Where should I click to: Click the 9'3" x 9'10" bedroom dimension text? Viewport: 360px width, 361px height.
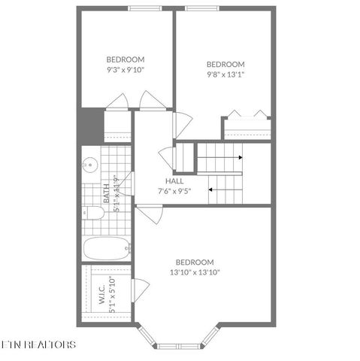click(125, 69)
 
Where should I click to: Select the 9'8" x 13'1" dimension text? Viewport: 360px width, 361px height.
click(225, 74)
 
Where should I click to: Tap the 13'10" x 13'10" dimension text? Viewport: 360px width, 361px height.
click(195, 272)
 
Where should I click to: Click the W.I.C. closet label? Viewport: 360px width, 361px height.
click(101, 293)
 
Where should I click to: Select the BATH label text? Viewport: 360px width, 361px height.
click(106, 195)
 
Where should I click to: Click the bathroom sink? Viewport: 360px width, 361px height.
click(89, 164)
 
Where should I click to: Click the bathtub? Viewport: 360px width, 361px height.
click(106, 247)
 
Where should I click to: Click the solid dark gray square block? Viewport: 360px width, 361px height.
click(90, 124)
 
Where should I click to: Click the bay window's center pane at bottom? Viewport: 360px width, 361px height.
click(177, 346)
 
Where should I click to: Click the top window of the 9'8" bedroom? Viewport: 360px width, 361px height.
click(204, 8)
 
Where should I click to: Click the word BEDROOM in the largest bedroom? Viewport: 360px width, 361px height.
click(195, 262)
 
